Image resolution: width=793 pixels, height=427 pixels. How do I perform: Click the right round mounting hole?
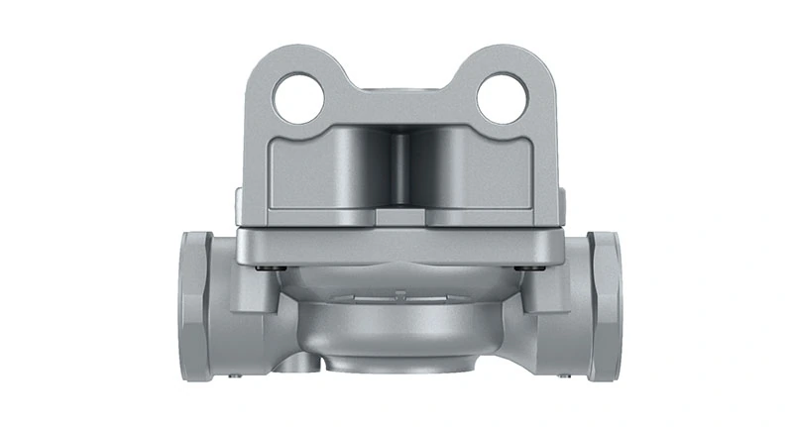click(x=501, y=98)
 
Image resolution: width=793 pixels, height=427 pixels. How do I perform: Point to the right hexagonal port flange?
click(x=603, y=304)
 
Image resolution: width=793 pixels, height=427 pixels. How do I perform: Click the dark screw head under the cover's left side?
click(x=260, y=267)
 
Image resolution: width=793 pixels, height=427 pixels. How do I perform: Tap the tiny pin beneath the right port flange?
click(x=564, y=375)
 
